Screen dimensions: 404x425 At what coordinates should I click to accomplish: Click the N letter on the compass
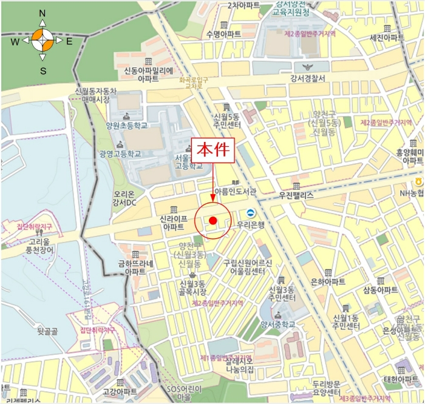click(x=42, y=13)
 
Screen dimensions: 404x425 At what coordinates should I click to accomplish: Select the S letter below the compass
click(x=42, y=70)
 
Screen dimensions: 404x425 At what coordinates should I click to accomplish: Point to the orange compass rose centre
click(x=42, y=41)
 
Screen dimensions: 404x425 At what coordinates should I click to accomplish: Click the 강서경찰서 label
click(x=308, y=78)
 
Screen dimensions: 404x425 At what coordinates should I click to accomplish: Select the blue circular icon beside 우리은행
click(x=250, y=212)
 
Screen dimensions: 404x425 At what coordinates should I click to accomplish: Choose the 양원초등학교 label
click(x=127, y=126)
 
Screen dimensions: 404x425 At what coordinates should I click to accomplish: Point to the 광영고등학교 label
click(x=120, y=154)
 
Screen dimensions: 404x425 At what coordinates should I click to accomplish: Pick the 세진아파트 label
click(x=387, y=38)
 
